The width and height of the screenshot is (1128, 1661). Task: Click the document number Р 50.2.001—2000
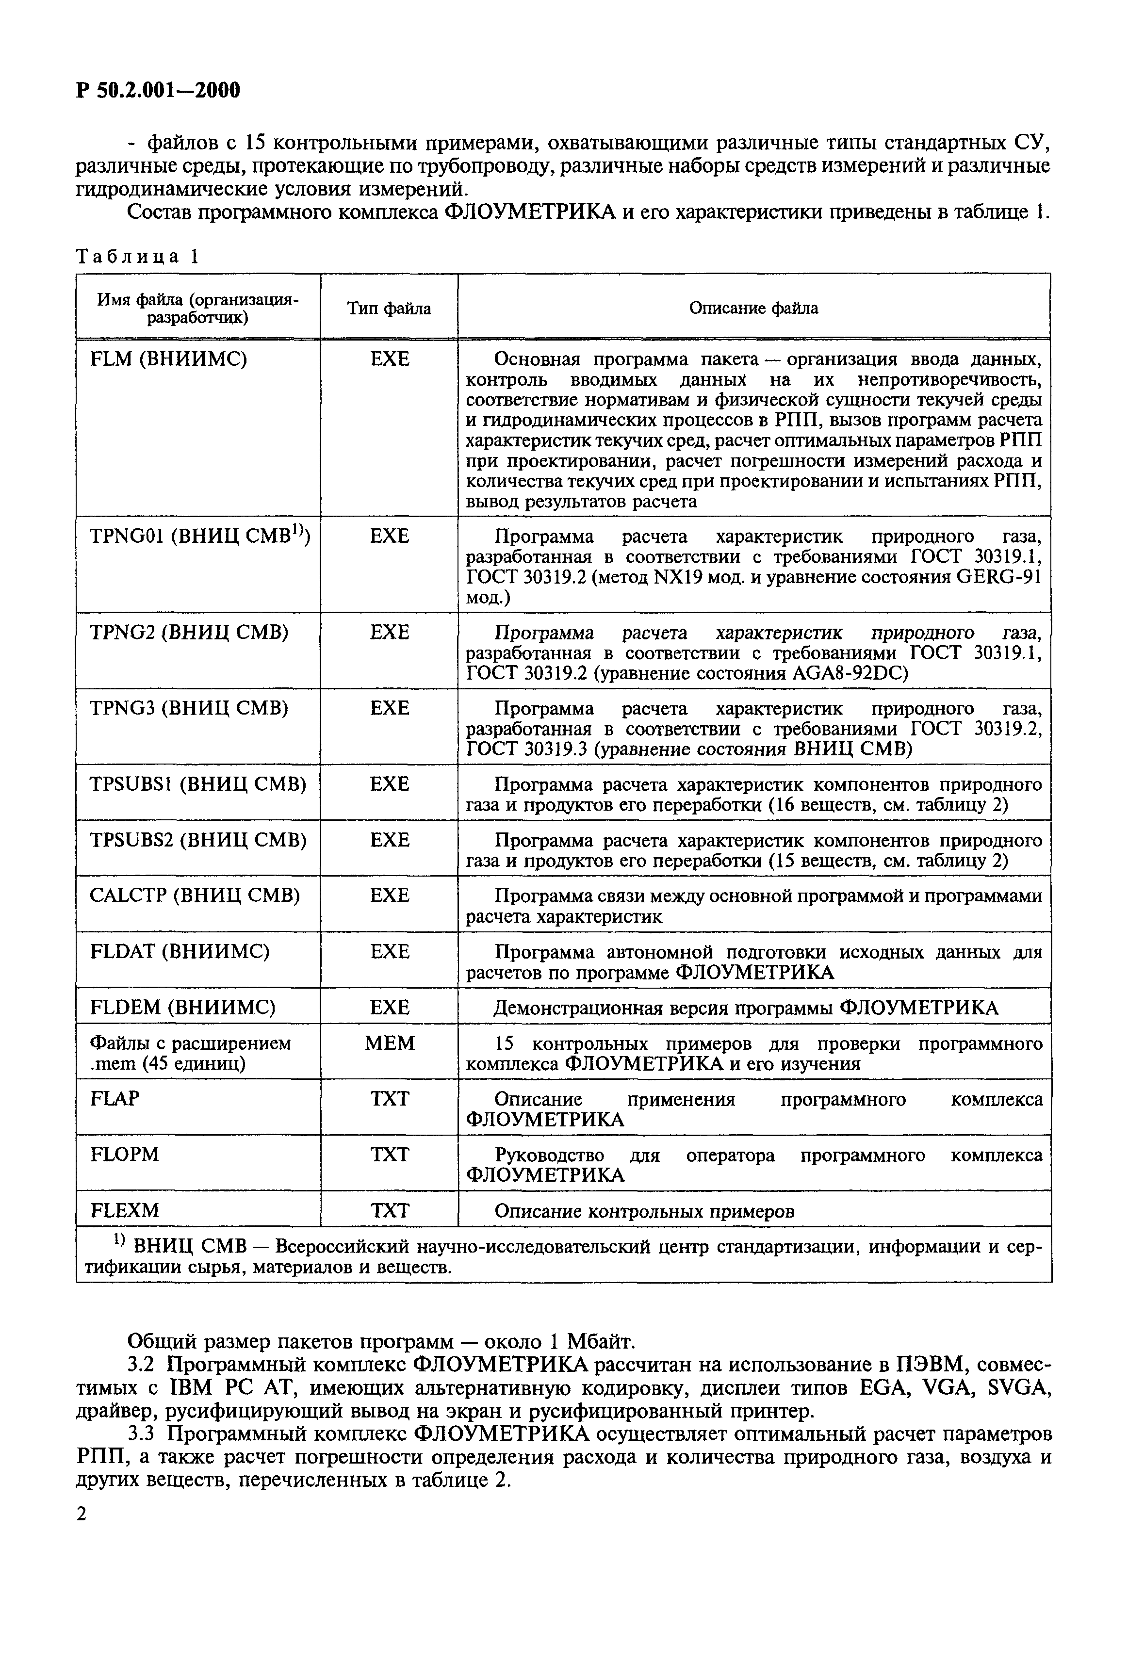[158, 91]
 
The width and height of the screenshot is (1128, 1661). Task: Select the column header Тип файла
[389, 308]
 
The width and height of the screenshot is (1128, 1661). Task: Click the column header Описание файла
[753, 308]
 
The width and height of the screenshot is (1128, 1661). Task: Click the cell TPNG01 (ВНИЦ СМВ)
[199, 536]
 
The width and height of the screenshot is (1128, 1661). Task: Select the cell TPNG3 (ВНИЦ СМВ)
[189, 708]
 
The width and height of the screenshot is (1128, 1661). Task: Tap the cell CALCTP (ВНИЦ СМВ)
[195, 895]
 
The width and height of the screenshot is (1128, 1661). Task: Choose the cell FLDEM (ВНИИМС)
[182, 1007]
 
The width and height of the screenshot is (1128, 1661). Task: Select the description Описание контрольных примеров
[643, 1211]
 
